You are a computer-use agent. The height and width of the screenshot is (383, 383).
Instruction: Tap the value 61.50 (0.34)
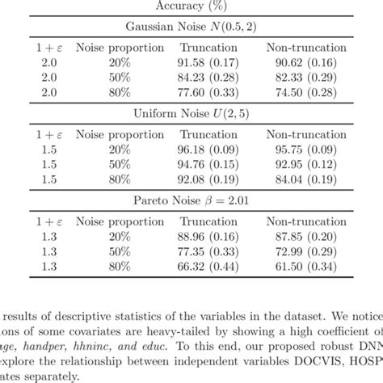click(309, 267)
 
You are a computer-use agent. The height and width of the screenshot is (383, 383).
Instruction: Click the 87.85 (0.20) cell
click(309, 237)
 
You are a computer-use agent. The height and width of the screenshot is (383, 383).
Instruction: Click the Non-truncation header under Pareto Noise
click(309, 221)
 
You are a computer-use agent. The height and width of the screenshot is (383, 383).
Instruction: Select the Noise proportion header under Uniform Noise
click(107, 133)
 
